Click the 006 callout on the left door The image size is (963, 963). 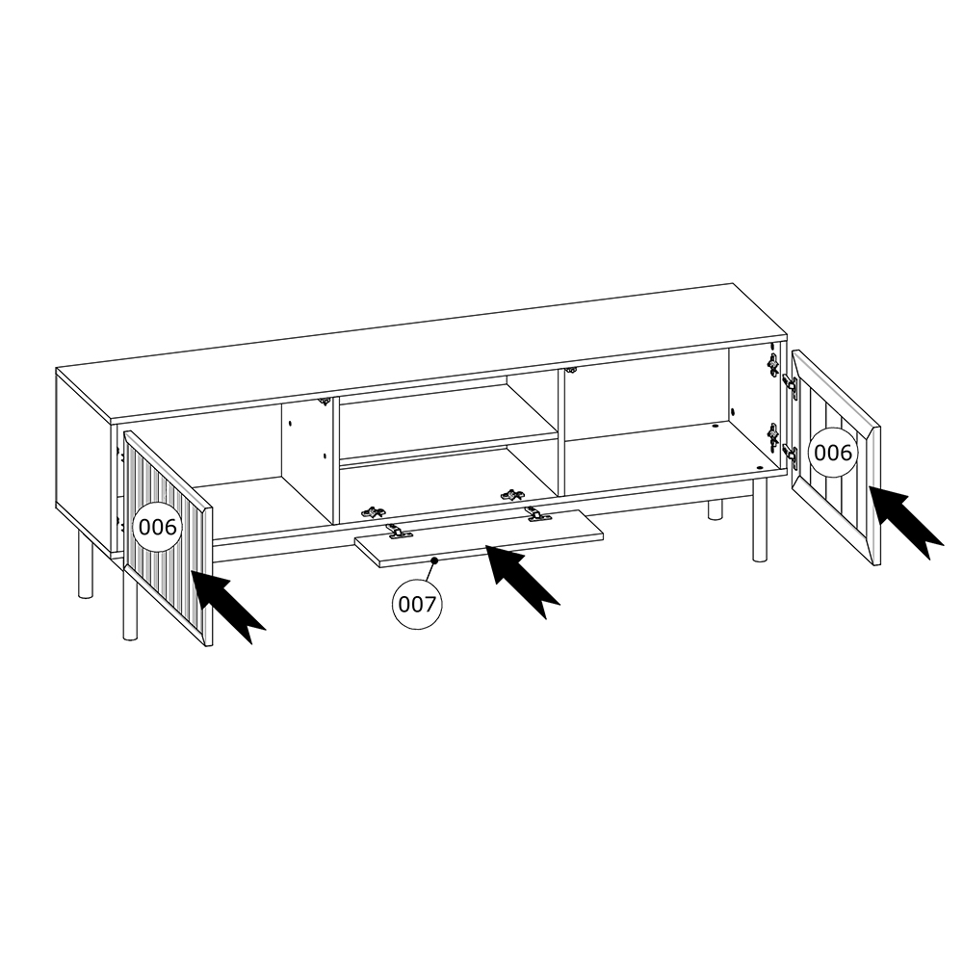pyautogui.click(x=158, y=527)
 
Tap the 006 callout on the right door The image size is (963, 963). pyautogui.click(x=833, y=453)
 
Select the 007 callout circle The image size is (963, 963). pyautogui.click(x=417, y=605)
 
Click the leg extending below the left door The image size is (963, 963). pyautogui.click(x=130, y=607)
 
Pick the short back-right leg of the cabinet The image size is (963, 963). pyautogui.click(x=715, y=509)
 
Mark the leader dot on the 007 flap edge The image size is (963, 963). pyautogui.click(x=434, y=560)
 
